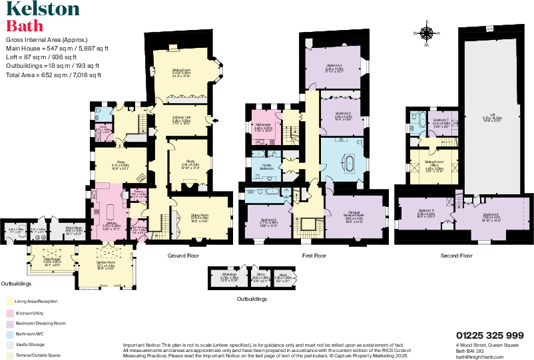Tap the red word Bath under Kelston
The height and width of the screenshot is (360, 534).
pos(25,26)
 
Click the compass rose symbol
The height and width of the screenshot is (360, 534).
pos(426,32)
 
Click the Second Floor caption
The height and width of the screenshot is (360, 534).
pos(456,256)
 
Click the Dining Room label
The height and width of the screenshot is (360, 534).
pos(200,215)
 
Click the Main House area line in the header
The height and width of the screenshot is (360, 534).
pos(57,48)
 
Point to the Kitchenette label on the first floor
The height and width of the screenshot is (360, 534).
pos(263,124)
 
